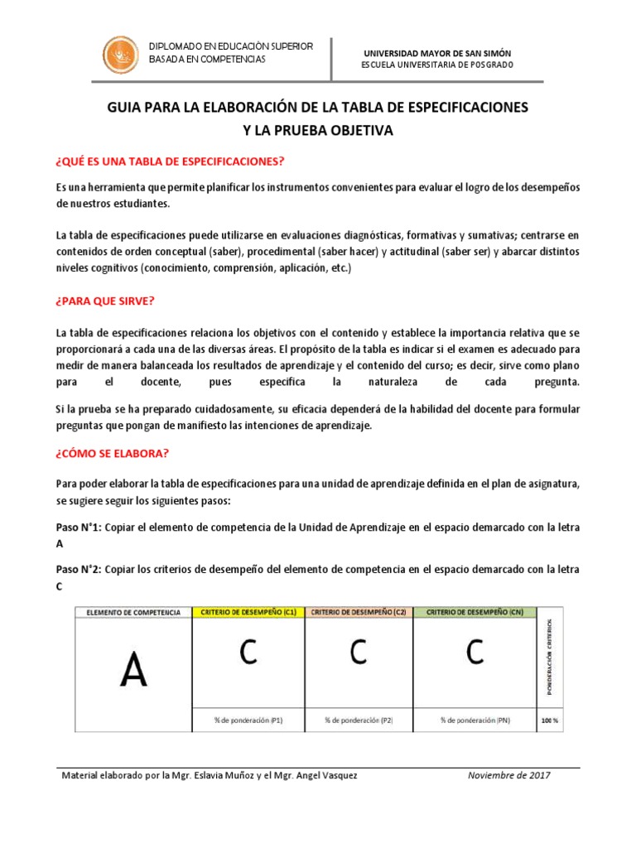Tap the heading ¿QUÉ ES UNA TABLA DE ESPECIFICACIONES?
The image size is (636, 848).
click(170, 161)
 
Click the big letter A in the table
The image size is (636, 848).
click(133, 670)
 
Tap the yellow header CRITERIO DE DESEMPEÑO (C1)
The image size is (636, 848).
click(248, 612)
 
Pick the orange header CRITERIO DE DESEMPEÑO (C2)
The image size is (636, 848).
click(359, 612)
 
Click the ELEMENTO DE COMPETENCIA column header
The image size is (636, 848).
click(133, 612)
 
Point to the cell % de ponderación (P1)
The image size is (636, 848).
click(248, 720)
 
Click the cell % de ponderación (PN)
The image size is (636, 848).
click(475, 720)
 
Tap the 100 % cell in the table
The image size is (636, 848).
click(550, 720)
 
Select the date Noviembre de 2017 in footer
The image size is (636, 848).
click(509, 775)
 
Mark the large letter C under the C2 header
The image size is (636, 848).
click(358, 653)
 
